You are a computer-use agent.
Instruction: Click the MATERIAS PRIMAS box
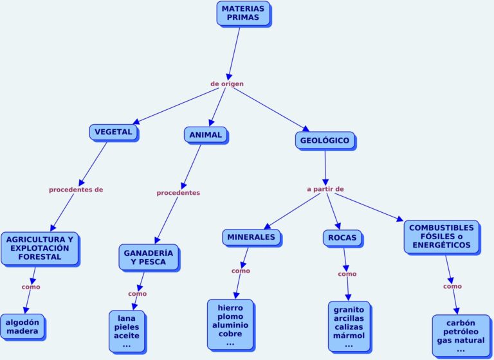click(243, 13)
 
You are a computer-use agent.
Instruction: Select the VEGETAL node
click(113, 132)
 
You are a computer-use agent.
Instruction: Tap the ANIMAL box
click(206, 135)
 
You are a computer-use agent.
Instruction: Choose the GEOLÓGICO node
click(325, 140)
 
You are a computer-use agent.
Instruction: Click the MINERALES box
click(252, 237)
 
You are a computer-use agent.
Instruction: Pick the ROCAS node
click(342, 238)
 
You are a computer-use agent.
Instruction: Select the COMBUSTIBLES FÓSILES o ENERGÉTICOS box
click(441, 237)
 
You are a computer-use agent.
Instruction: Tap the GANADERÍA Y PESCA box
click(148, 257)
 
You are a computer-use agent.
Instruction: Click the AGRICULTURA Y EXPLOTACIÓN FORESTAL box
click(39, 248)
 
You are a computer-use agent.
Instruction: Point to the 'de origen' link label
click(227, 84)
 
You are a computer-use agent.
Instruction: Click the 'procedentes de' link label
click(76, 190)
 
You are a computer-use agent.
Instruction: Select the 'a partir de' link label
click(325, 189)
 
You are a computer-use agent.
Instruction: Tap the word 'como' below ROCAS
click(347, 274)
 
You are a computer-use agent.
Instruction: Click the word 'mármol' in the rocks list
click(349, 336)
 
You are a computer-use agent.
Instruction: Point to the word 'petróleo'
click(461, 332)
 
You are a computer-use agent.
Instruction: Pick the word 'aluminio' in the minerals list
click(230, 325)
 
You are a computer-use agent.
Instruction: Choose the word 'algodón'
click(23, 322)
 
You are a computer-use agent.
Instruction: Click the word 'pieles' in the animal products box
click(126, 327)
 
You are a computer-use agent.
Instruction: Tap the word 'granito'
click(349, 310)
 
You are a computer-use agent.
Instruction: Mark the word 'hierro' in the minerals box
click(230, 308)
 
